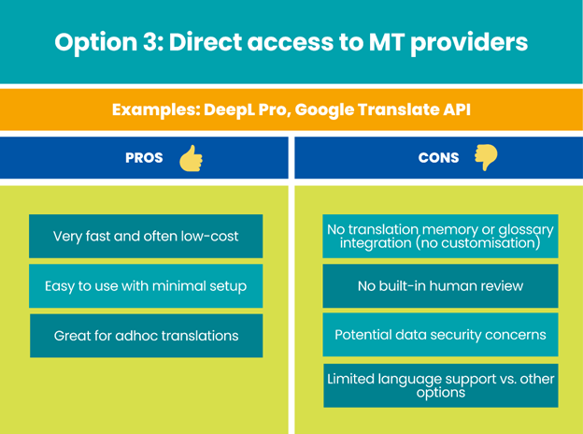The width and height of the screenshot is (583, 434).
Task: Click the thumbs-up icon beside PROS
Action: tap(192, 159)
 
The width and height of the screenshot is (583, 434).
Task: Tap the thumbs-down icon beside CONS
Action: tap(486, 157)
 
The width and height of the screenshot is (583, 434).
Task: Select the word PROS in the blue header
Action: tap(144, 158)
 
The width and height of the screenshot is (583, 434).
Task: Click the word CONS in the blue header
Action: tap(439, 158)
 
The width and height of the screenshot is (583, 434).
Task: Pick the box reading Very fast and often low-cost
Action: tap(146, 236)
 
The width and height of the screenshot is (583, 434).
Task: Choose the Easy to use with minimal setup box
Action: tap(146, 286)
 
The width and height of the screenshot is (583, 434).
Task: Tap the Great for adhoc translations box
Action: tap(146, 336)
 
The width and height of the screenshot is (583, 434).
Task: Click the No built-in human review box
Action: tap(440, 286)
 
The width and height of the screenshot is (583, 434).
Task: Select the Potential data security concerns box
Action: tap(440, 335)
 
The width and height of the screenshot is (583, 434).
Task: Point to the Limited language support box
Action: tap(441, 385)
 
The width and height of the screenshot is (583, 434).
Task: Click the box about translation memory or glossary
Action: tap(440, 236)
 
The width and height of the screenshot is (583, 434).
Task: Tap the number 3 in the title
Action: tap(150, 42)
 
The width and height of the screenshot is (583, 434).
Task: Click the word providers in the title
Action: tap(469, 43)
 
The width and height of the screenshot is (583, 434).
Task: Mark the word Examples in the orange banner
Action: tap(156, 110)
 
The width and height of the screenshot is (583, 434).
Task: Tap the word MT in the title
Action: tap(386, 42)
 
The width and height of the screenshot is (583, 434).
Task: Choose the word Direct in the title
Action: tap(206, 41)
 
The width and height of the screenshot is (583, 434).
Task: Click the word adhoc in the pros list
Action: tap(136, 336)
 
